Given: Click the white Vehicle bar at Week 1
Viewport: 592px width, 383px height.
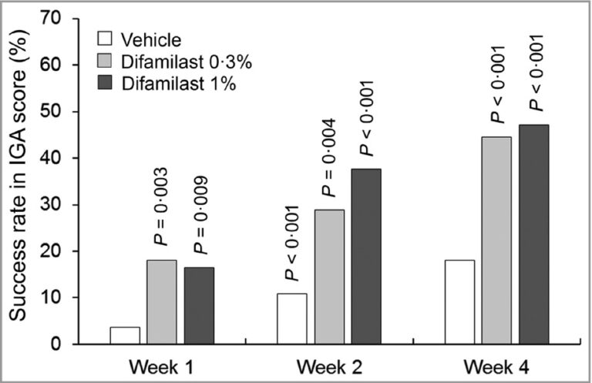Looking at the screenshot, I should (x=125, y=335).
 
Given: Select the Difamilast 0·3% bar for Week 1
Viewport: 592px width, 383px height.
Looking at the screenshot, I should (x=162, y=302).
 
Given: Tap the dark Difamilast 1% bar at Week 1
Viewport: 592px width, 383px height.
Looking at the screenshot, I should (x=199, y=305).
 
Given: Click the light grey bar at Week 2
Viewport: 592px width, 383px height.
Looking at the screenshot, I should (x=329, y=277).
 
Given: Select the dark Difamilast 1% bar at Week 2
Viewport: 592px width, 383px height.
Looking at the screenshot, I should (x=366, y=256).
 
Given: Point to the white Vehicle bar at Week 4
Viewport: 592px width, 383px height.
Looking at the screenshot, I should (x=459, y=302).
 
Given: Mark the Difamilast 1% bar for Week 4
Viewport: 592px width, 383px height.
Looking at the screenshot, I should (x=533, y=234).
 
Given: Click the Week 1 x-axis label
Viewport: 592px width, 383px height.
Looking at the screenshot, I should (x=162, y=362).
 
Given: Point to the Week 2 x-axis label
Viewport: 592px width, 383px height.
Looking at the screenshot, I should (x=329, y=362).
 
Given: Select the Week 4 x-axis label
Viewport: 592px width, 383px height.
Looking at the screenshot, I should (x=496, y=362).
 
